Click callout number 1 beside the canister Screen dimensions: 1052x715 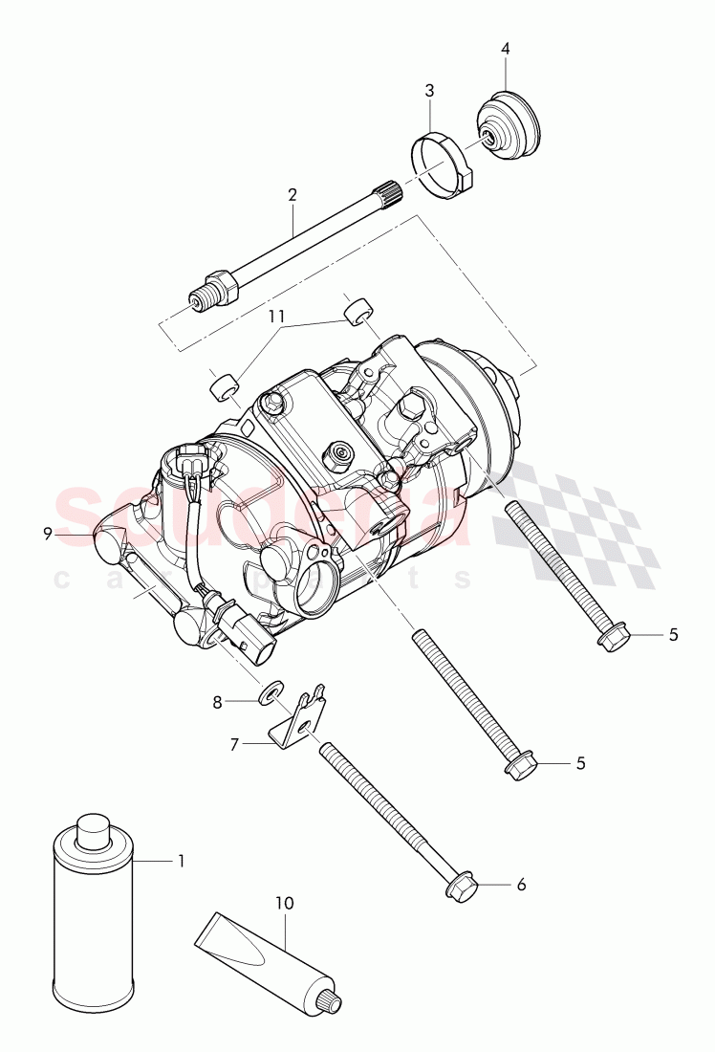181,861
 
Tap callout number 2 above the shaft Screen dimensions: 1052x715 292,194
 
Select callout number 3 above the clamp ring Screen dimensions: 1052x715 430,91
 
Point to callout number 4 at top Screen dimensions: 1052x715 506,49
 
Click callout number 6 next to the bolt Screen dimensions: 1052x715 521,885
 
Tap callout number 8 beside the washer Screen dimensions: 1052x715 217,702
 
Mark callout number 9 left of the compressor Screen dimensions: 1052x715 47,535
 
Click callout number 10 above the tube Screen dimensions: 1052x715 286,901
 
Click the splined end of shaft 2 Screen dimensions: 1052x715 391,189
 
